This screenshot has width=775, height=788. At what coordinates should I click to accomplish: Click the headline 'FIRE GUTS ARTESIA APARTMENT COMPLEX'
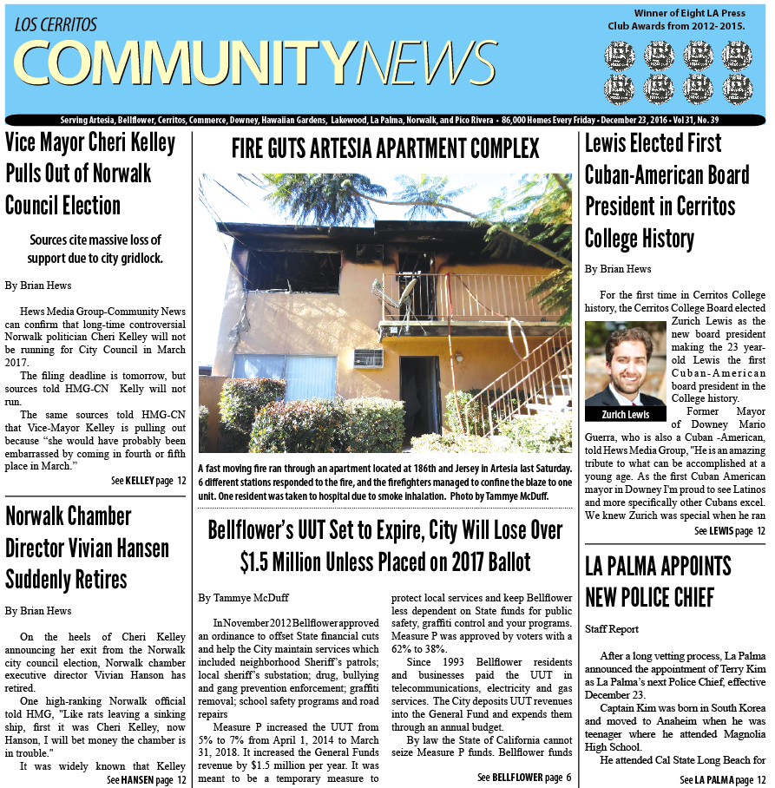click(x=384, y=148)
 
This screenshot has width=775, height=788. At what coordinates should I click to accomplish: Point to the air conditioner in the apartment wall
click(x=367, y=358)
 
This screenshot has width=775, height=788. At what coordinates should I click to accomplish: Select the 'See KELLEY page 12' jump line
click(x=148, y=480)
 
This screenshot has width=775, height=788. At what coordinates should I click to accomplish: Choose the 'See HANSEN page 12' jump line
click(x=147, y=779)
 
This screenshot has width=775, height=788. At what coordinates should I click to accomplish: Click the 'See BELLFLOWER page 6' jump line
click(x=524, y=777)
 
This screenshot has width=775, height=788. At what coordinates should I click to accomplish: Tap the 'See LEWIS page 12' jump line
click(x=729, y=530)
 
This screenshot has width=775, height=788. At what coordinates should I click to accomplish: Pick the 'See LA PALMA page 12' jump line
click(x=723, y=779)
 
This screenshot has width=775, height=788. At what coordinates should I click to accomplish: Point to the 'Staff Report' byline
click(x=613, y=628)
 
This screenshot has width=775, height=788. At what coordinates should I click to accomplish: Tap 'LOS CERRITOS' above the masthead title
click(x=56, y=24)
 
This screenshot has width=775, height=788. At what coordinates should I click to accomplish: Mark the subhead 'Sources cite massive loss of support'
click(x=95, y=249)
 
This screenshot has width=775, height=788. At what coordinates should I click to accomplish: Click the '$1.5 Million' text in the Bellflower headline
click(x=279, y=561)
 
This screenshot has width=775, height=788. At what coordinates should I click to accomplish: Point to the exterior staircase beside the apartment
click(x=521, y=382)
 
